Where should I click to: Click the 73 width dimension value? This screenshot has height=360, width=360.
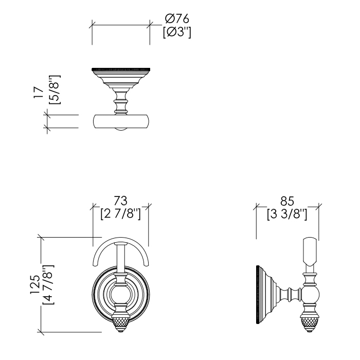pos(120,200)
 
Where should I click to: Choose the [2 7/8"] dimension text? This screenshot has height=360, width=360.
pos(120,212)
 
